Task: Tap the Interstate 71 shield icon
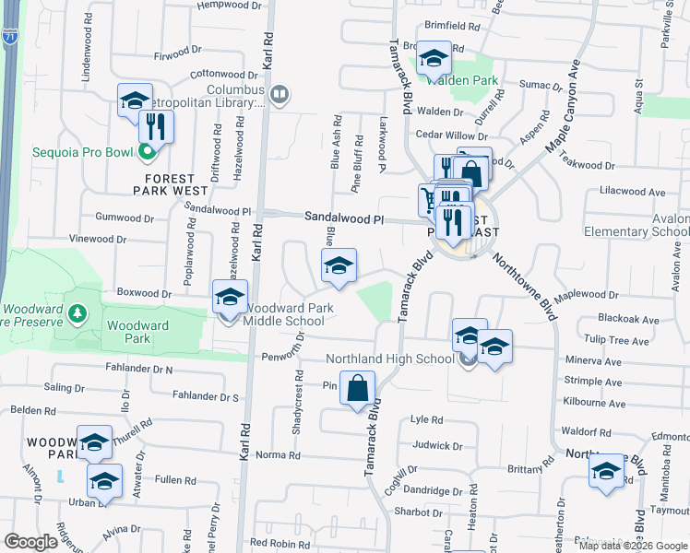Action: tap(8, 37)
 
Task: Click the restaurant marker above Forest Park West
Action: tap(156, 127)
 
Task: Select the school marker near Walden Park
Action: tap(433, 59)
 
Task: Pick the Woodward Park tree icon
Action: tap(79, 314)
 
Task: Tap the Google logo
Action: tap(31, 542)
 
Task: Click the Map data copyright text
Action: tap(633, 546)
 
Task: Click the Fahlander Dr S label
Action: tap(206, 396)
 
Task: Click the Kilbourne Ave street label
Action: tap(594, 404)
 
